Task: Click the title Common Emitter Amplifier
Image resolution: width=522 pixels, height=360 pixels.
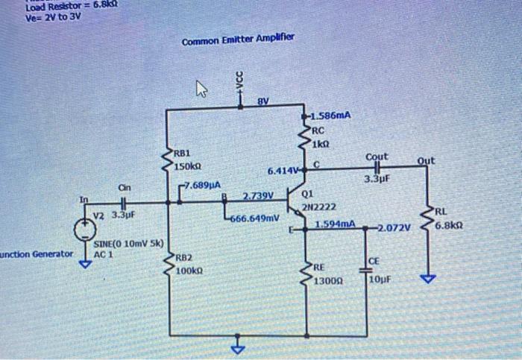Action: tap(239, 37)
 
